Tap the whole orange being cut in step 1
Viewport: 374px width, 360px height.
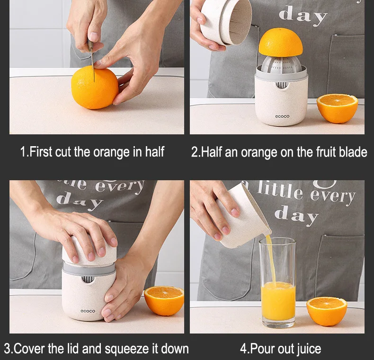(95, 88)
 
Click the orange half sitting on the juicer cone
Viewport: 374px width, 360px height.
(280, 43)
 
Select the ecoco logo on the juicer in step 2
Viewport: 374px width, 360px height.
(282, 116)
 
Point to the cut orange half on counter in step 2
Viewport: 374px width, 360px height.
(337, 108)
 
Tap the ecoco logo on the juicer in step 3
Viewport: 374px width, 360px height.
(88, 311)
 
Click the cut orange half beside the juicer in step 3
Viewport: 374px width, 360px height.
(164, 300)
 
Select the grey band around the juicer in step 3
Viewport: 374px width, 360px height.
(89, 269)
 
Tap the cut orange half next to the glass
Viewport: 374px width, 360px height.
(327, 311)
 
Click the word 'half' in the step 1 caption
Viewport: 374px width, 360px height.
(154, 152)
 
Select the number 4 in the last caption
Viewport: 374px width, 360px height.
(243, 349)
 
